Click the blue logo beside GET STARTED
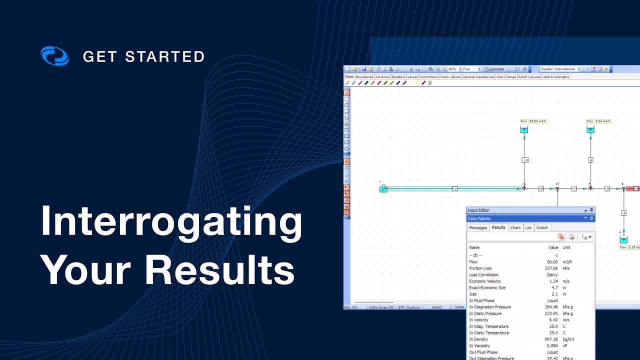54,56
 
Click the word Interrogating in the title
171,221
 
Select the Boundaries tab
364,77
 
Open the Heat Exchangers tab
556,77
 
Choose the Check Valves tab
450,77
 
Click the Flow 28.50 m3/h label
532,121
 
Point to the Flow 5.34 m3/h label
599,121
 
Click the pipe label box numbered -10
525,160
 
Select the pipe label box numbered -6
590,160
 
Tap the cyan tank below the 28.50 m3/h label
524,130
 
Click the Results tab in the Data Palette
498,227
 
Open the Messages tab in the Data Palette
477,227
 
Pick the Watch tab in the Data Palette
542,227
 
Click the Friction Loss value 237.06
552,268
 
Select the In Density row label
479,339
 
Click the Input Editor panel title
478,210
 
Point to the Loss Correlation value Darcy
552,275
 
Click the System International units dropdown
560,69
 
